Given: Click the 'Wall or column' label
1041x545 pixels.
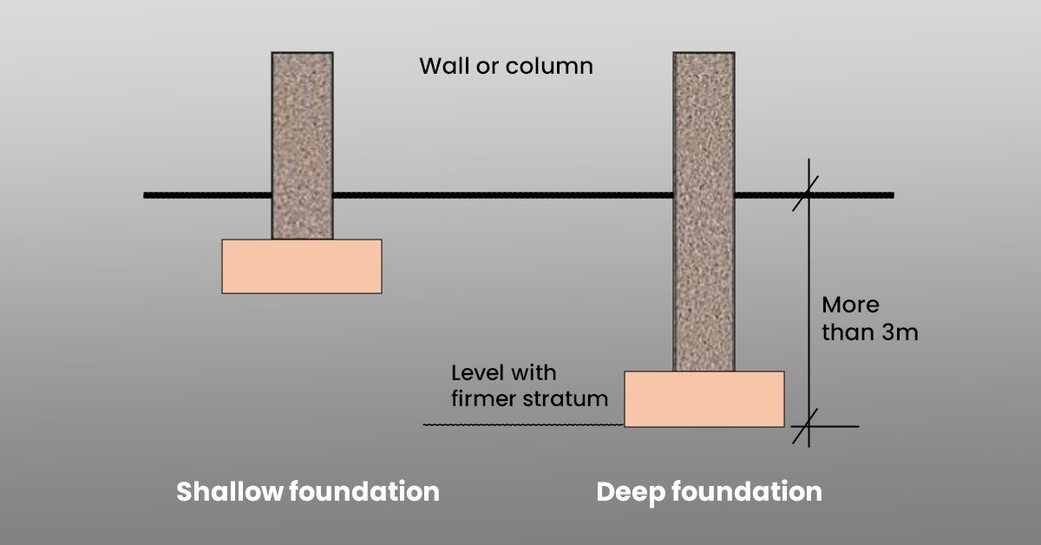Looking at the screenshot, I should (x=506, y=66).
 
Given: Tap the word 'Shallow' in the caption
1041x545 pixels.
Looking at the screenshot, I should (x=229, y=492).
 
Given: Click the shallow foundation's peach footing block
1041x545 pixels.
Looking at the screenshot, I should (x=302, y=266).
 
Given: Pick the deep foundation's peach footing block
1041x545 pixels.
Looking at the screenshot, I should (x=704, y=399).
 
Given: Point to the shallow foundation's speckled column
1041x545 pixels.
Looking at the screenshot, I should (x=302, y=139).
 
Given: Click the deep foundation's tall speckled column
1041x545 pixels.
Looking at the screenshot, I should (x=704, y=208).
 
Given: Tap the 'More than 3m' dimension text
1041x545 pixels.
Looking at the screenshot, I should (x=868, y=318).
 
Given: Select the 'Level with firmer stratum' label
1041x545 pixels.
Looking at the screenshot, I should (x=528, y=386).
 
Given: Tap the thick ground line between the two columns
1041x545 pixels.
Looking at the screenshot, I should (x=503, y=195).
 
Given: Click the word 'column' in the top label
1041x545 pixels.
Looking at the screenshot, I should (x=553, y=66).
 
